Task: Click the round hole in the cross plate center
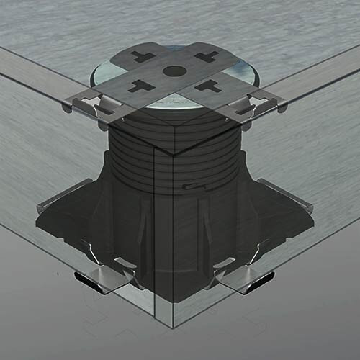click(x=174, y=71)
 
